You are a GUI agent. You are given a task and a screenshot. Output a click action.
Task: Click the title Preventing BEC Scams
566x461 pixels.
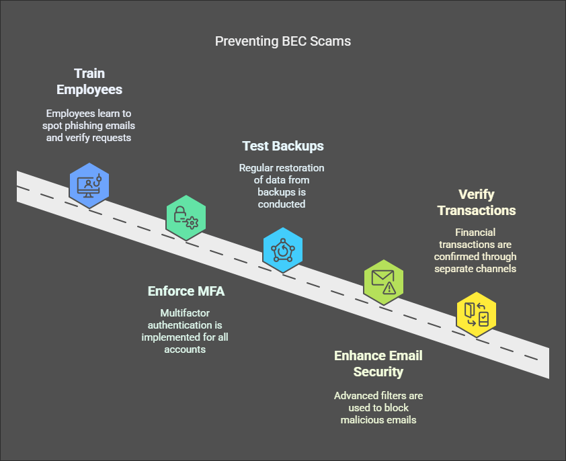click(282, 42)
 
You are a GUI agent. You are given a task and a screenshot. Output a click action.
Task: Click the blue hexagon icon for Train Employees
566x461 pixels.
click(89, 183)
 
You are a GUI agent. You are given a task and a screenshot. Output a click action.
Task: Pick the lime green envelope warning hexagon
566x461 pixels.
click(383, 282)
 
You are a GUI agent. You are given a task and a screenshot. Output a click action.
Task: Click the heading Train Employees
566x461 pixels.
click(89, 81)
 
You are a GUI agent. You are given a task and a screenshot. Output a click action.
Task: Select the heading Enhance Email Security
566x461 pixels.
click(378, 363)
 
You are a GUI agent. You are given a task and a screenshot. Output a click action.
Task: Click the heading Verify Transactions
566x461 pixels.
click(477, 202)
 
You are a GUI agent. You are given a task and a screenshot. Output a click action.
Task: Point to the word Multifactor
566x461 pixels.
click(185, 312)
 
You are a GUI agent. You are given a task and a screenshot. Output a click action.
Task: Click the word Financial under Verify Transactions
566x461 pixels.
click(476, 232)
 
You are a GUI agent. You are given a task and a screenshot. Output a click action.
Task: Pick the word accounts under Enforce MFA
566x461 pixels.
click(185, 349)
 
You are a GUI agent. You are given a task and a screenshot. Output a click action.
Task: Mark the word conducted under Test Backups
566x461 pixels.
click(282, 204)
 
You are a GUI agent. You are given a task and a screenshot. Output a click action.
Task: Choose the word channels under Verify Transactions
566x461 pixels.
click(497, 268)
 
